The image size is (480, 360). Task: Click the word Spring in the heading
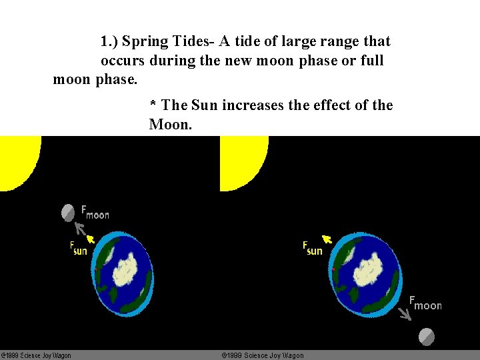(x=146, y=41)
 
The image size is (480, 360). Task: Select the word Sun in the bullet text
(x=204, y=105)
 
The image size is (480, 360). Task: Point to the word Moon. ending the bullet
(x=171, y=125)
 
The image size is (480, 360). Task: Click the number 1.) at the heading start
(x=110, y=41)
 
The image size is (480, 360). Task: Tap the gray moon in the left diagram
(x=68, y=213)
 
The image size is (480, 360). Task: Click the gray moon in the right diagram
(x=427, y=337)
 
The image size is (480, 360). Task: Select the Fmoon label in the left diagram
(x=95, y=212)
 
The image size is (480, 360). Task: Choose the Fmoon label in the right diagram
(x=425, y=303)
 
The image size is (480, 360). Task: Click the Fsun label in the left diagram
(x=79, y=248)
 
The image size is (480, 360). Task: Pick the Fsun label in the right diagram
(x=312, y=248)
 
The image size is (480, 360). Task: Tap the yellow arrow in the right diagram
(x=327, y=239)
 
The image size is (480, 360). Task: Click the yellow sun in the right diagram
(x=241, y=160)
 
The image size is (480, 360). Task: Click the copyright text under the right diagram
(x=263, y=355)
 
